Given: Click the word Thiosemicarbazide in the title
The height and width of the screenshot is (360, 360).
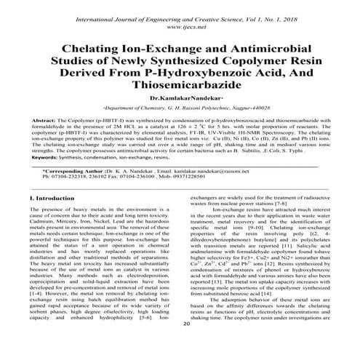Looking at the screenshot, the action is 180,84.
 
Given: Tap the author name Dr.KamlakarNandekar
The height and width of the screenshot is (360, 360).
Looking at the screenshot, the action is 180,97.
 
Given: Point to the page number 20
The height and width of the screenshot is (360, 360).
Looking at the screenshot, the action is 187,345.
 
